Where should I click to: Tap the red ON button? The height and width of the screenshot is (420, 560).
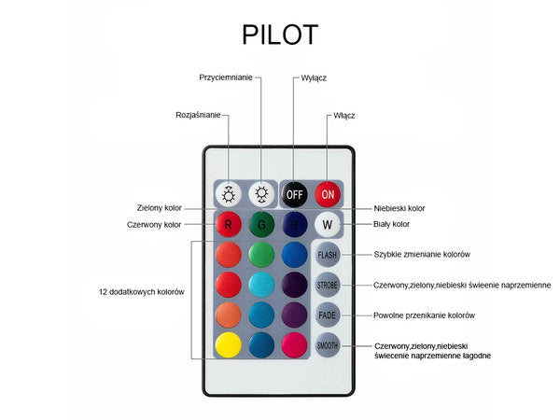click(x=328, y=194)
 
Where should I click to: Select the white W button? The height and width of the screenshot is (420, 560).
click(x=328, y=224)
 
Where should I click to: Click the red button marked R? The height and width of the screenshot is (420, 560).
click(x=229, y=224)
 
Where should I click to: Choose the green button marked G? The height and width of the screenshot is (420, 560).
click(x=262, y=224)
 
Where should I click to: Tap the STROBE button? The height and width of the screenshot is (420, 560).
click(x=328, y=285)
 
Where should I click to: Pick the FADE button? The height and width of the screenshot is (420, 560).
click(x=328, y=315)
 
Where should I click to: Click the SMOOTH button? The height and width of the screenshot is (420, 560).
click(x=328, y=345)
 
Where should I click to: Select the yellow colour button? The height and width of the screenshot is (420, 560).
click(x=229, y=345)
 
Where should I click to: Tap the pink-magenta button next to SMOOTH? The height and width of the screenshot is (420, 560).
click(x=295, y=345)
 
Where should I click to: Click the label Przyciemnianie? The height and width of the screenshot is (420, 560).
click(x=226, y=77)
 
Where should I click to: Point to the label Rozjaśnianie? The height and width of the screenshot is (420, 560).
click(x=198, y=115)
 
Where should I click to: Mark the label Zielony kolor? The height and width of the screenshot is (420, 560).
click(x=159, y=208)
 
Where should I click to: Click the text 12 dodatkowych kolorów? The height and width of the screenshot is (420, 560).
click(x=141, y=292)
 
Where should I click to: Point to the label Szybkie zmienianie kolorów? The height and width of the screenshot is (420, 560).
click(x=422, y=254)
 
